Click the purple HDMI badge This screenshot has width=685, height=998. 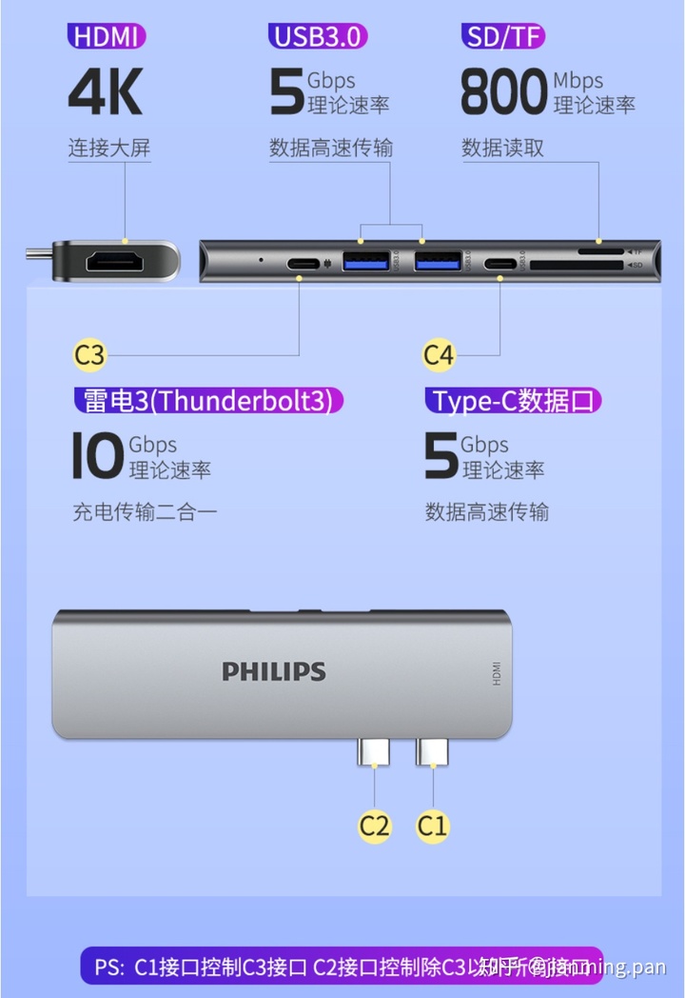107,37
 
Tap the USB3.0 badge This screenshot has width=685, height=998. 318,37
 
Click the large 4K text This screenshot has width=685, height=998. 105,91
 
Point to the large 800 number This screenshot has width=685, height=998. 504,92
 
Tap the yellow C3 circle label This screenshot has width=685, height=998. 89,355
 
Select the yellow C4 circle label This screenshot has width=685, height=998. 439,355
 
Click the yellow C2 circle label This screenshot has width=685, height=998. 375,825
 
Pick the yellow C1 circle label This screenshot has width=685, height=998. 433,825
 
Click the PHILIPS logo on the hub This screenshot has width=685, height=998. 274,671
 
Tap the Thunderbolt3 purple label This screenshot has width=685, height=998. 207,400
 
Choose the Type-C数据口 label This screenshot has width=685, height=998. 514,400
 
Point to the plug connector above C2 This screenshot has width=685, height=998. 374,752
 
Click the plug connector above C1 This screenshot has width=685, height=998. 432,752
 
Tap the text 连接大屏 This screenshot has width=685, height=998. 108,148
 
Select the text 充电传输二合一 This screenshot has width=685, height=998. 145,511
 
